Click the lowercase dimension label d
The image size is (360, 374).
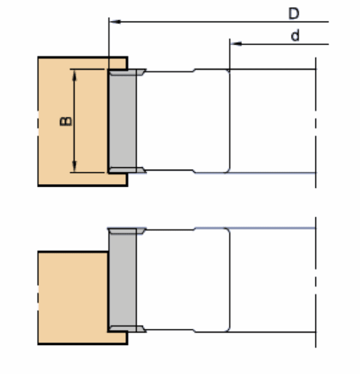pos(295,36)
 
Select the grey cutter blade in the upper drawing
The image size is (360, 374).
pos(122,121)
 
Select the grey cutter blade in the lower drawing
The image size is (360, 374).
pos(122,279)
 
